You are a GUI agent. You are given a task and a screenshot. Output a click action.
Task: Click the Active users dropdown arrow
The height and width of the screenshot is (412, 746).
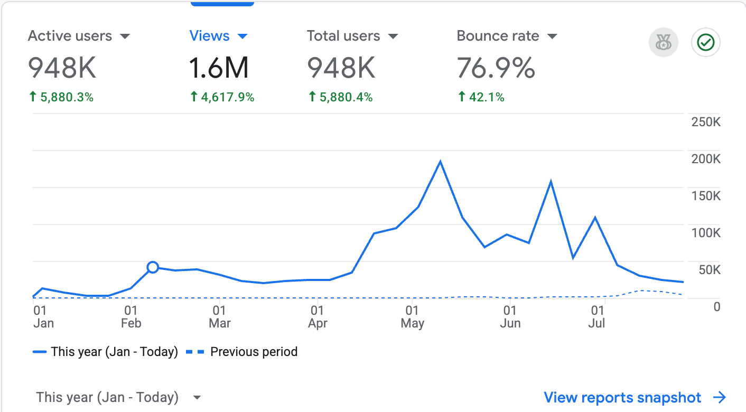125,36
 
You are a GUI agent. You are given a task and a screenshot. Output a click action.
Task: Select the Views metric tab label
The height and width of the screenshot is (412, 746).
209,36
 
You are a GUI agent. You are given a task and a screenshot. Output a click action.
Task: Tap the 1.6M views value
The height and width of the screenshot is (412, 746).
219,68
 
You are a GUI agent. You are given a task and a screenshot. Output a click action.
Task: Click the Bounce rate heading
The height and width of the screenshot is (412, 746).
498,36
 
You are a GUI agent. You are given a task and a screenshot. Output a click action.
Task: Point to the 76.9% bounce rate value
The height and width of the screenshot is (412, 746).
496,68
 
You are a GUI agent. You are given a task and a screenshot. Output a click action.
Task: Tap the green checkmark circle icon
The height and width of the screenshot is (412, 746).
706,42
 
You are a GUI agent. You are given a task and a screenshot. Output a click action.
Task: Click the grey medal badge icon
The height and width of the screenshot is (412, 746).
664,42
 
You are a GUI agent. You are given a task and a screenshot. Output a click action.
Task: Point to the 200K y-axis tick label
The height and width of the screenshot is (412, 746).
706,159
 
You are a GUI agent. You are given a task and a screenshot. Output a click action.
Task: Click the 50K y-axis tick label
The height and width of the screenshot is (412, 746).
710,270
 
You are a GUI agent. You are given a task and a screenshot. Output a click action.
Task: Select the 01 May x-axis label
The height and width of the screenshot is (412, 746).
412,317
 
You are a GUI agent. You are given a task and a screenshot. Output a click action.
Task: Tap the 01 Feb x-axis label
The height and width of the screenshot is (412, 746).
131,317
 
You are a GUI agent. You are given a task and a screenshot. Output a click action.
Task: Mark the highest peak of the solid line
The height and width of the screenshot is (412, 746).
440,162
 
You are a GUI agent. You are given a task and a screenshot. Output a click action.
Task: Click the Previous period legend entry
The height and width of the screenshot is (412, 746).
241,352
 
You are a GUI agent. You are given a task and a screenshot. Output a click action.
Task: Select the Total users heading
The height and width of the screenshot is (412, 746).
343,36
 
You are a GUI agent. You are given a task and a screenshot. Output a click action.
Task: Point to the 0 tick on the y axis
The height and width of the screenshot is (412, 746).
717,307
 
